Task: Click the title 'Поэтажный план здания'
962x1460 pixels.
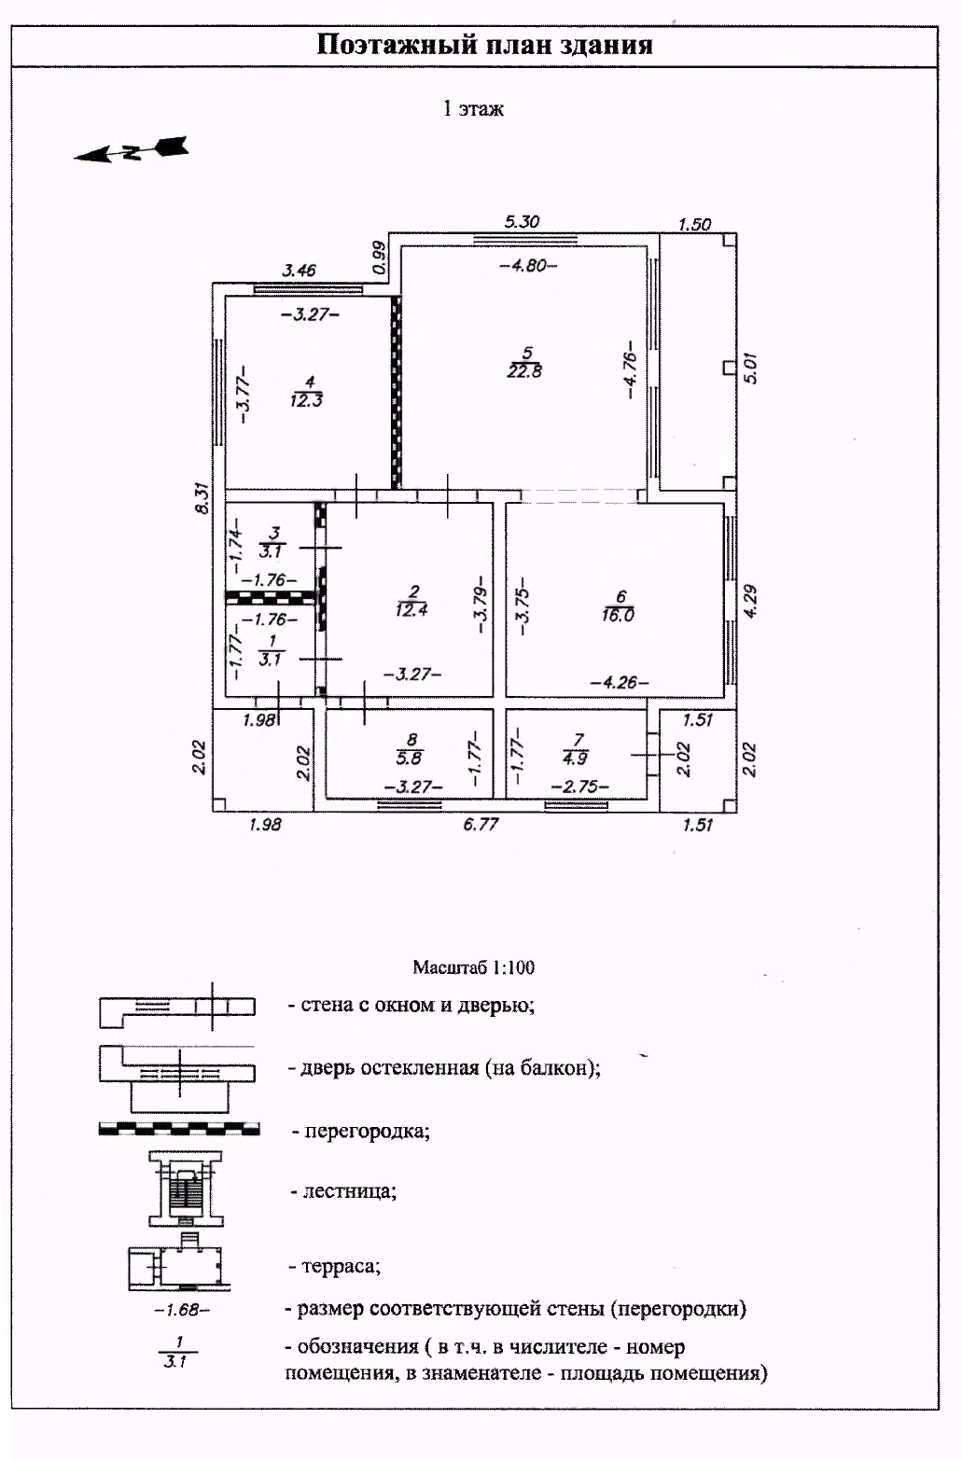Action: coord(484,45)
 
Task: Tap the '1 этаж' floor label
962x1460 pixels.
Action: coord(473,108)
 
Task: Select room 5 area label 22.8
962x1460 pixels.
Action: coord(524,370)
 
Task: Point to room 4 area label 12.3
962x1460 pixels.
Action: coord(306,400)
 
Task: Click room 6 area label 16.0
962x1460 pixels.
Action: coord(618,615)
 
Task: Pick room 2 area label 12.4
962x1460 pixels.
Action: coord(411,610)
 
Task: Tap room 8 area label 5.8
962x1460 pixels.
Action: coord(409,758)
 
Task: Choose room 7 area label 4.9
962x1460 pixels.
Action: coord(576,758)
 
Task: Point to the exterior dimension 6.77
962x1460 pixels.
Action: coord(481,824)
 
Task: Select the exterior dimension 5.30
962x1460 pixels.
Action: coord(522,221)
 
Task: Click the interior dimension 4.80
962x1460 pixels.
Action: coord(528,265)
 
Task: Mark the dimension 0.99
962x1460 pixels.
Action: coord(378,257)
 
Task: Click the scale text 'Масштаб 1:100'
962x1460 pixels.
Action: coord(474,967)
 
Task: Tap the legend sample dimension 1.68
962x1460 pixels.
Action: coord(182,1310)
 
